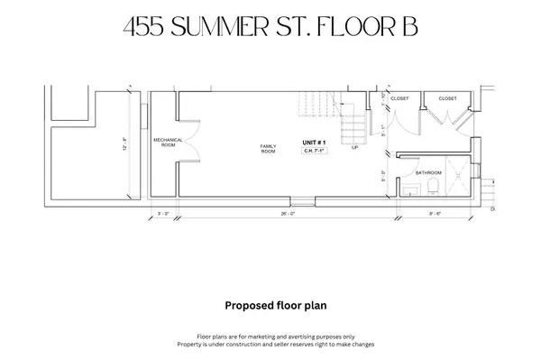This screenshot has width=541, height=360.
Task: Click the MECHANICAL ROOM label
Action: point(169,142)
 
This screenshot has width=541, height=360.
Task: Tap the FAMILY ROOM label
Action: point(268,148)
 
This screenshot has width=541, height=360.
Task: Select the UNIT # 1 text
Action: point(314,143)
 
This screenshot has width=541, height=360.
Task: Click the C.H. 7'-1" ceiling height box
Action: point(314,152)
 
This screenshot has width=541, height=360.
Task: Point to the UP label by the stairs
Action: point(354,147)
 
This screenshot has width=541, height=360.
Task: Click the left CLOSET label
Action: point(399,97)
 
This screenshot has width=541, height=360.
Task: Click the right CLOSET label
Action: point(447,97)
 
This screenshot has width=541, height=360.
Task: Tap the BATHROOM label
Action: point(428,171)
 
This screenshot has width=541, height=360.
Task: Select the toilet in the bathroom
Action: point(434,187)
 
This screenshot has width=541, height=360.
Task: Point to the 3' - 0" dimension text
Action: point(163,215)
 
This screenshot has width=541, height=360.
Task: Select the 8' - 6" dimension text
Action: point(435,215)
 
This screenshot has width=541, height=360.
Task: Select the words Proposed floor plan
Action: point(270,305)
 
